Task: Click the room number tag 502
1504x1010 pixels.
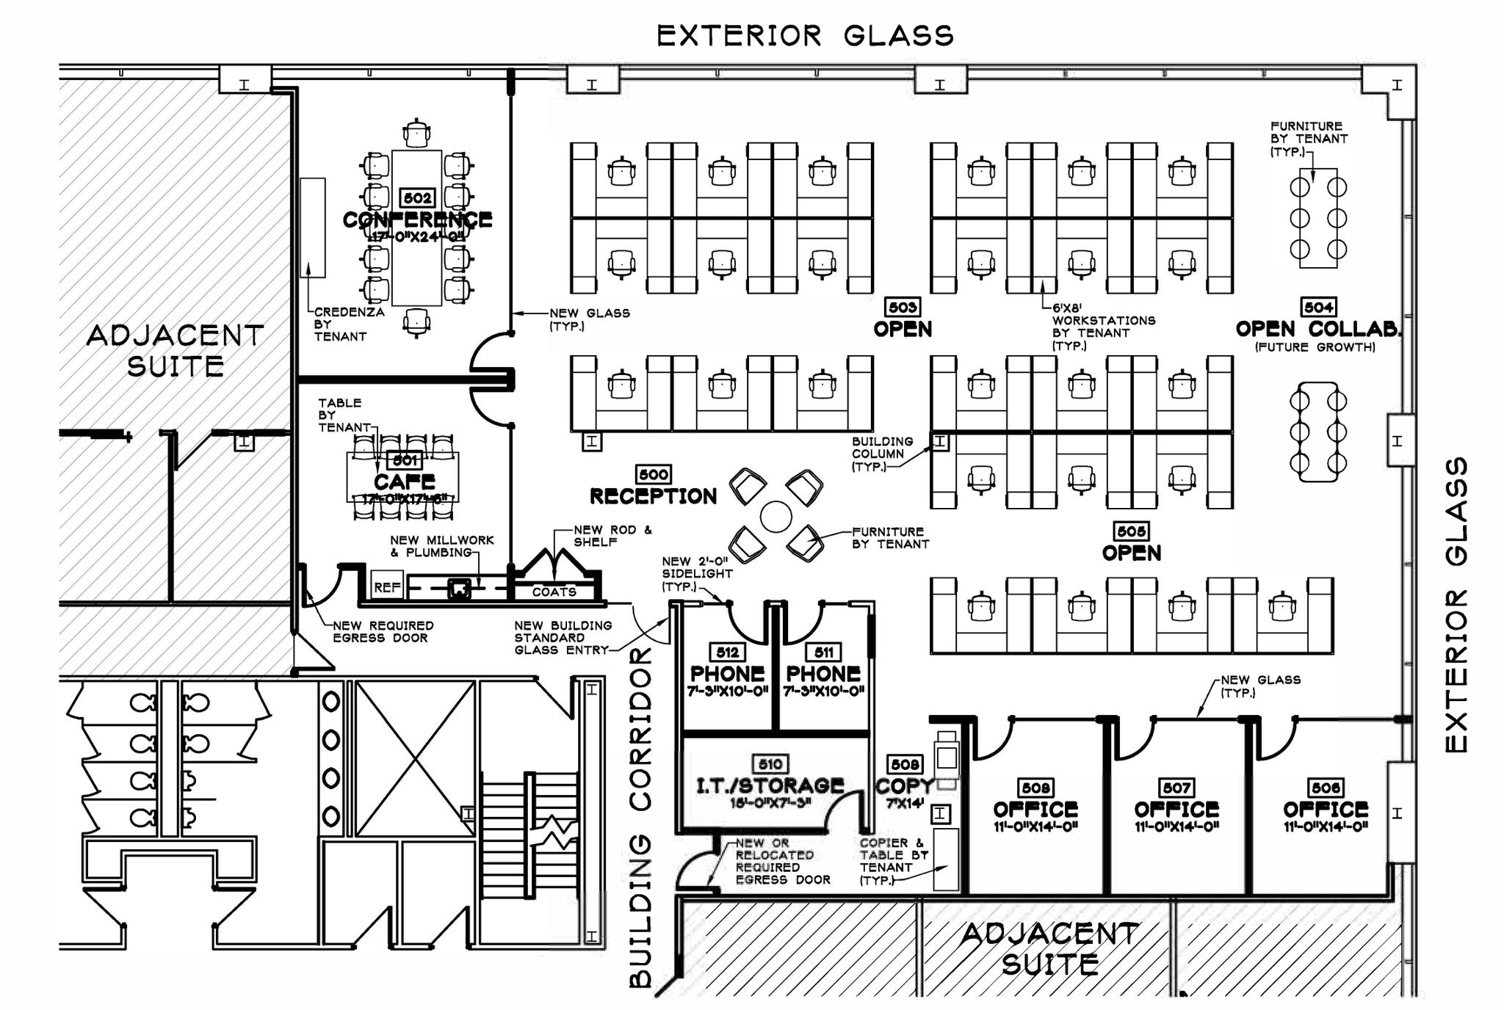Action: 417,198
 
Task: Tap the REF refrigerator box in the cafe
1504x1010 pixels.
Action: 387,586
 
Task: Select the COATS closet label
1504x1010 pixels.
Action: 554,592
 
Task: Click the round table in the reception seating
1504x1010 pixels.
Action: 775,517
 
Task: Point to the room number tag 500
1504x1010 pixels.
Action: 654,475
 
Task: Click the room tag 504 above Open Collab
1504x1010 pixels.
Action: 1318,307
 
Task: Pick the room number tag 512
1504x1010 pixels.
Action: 727,652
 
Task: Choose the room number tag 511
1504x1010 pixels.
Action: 823,652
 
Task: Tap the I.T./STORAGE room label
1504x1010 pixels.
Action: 770,785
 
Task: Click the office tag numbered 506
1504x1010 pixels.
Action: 1326,788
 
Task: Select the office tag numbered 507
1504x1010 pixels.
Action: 1176,788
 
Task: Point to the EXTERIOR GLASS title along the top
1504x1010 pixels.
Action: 805,35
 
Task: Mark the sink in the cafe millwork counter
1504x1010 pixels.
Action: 459,587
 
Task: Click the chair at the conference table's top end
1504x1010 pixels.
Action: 416,133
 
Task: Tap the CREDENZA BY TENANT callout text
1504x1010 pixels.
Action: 349,324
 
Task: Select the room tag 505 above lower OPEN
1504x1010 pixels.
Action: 1131,531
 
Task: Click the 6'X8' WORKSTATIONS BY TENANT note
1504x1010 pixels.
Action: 1103,327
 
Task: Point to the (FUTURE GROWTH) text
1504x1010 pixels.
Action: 1315,347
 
